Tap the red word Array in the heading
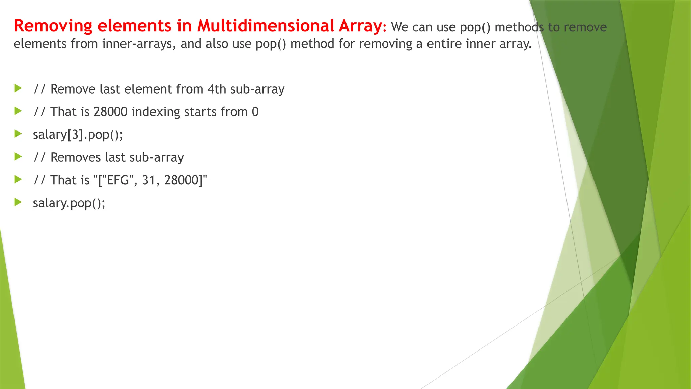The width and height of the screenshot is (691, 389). tap(360, 26)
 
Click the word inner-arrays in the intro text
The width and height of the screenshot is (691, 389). tap(139, 44)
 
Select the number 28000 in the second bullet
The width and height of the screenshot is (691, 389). tap(110, 112)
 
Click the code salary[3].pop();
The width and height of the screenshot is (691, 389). tap(78, 135)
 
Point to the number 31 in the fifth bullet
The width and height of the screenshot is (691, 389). tap(148, 180)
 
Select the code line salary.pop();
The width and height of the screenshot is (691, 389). tap(69, 203)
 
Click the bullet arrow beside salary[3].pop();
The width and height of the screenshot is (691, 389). tap(18, 134)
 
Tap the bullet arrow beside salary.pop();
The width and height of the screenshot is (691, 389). tap(18, 202)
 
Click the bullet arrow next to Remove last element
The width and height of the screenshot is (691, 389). tap(18, 88)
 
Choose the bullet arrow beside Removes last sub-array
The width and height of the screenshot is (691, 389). tap(18, 157)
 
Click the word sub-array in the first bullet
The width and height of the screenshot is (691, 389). tap(257, 89)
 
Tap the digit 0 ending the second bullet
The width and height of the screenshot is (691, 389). tap(255, 112)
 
